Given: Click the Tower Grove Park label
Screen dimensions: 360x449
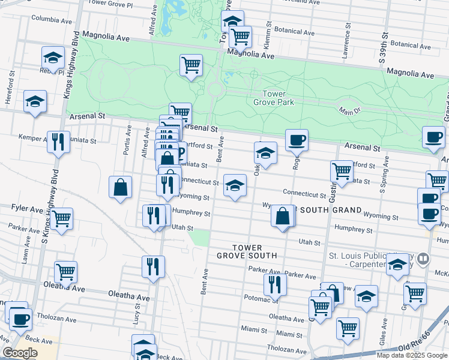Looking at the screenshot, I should point(278,98).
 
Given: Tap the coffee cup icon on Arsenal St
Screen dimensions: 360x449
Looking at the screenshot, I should point(297,140).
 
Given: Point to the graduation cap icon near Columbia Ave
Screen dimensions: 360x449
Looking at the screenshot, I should point(53,58).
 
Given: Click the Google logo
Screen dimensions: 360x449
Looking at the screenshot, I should point(20,353).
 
